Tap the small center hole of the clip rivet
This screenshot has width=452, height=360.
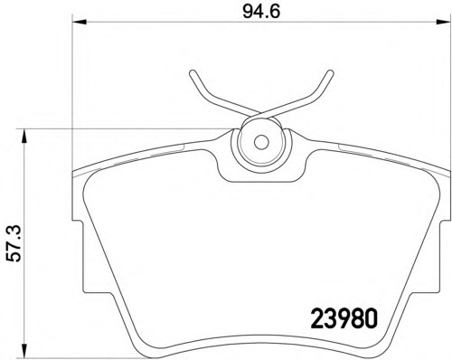259,142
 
